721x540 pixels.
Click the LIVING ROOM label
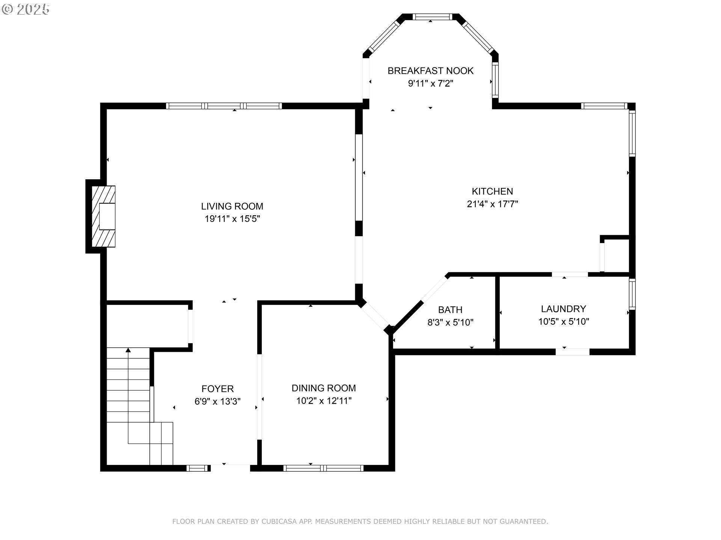[232, 206]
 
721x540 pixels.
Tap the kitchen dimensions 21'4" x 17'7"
[492, 204]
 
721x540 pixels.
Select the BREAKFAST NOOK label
[430, 71]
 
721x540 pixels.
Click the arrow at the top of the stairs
[128, 350]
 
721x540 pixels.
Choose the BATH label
[450, 310]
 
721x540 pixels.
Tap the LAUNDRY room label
[563, 309]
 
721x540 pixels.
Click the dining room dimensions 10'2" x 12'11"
[324, 401]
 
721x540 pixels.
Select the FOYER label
[217, 389]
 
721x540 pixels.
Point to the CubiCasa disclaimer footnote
[360, 521]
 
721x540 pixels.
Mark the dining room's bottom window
[323, 468]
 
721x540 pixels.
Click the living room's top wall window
[224, 106]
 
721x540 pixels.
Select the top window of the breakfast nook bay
[431, 17]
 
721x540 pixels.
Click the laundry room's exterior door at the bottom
[572, 352]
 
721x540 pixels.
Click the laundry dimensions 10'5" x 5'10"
[563, 321]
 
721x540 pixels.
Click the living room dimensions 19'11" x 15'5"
[232, 219]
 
